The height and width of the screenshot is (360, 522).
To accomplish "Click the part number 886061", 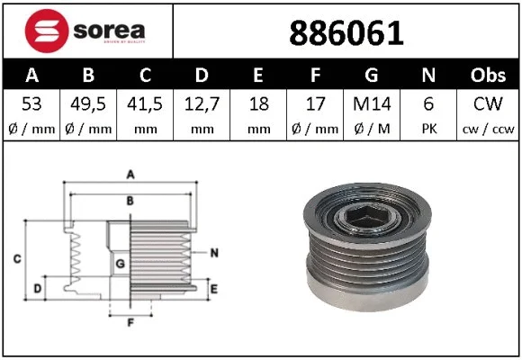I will point(346,33).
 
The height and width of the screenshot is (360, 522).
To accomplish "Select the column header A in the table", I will point(32,75).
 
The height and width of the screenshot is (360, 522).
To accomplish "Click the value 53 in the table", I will point(32,104).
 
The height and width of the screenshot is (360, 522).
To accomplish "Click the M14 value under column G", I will point(373,104).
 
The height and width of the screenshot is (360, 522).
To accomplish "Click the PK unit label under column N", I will point(430,129).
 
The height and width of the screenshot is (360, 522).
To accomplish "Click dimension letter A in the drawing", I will point(130,174).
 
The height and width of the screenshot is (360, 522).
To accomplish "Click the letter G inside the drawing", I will point(120,263).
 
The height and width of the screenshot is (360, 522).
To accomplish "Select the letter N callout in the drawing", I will point(214,252).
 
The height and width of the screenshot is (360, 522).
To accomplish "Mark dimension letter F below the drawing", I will point(130,321).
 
